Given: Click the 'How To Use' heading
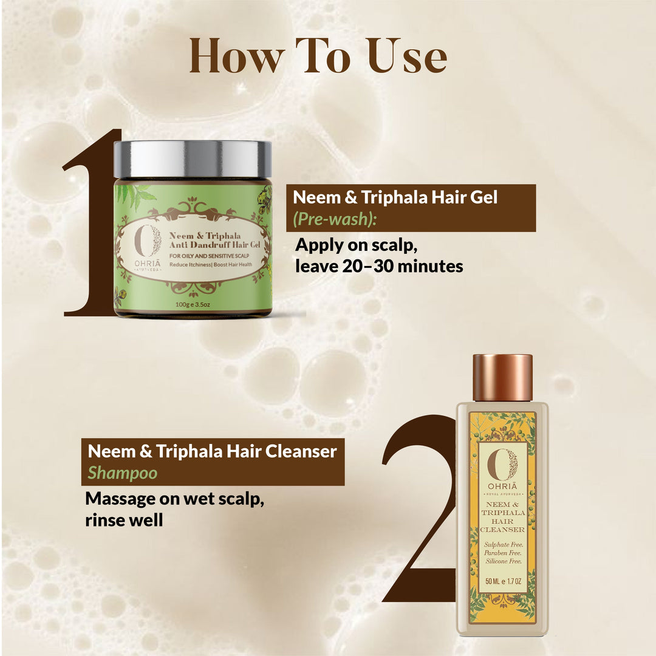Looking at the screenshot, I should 318,56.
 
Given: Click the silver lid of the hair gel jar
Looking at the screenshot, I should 193,159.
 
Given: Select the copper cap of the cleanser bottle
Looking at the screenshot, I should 502,378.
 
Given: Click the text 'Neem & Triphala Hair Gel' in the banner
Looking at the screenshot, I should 395,198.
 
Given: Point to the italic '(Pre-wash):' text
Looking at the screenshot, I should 335,219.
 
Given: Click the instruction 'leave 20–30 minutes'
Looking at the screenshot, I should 379,266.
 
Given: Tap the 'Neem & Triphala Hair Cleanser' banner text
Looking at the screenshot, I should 212,451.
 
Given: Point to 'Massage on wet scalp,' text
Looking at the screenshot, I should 174,499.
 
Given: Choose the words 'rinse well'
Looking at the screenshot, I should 124,520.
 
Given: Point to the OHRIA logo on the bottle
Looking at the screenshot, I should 502,471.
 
